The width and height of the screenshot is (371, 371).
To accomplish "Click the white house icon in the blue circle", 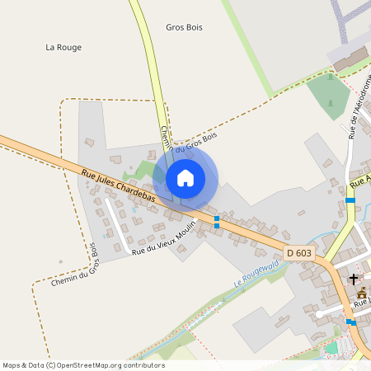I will point(185,177).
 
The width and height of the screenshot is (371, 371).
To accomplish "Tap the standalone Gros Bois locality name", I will point(184,27).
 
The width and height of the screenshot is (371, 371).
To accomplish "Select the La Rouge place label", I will point(63,48).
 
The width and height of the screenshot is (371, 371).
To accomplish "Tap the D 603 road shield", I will point(299,251).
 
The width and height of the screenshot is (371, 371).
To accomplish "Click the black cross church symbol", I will point(355,279).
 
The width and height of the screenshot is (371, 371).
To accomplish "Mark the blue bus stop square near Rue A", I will point(350,200).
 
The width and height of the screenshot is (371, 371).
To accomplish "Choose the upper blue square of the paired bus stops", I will point(217,218).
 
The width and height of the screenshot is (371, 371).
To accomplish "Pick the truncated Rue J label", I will point(360,301).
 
